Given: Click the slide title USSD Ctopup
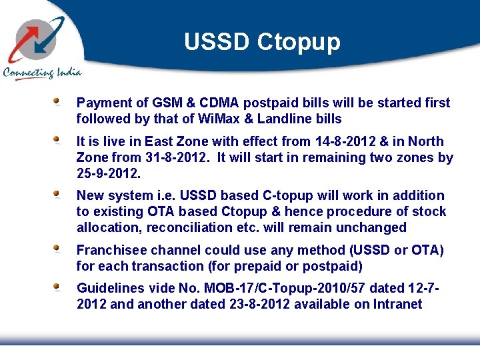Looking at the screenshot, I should click(x=262, y=41).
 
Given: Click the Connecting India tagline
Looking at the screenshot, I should click(x=42, y=73).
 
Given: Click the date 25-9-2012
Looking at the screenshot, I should click(x=108, y=174).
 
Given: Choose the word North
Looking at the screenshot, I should click(x=426, y=141).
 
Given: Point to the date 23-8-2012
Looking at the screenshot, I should click(x=251, y=304).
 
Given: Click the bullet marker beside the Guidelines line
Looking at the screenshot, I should click(x=58, y=286).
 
